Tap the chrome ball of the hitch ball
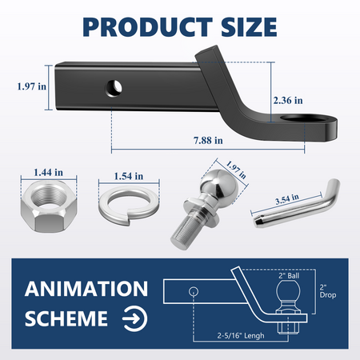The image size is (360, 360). tap(214, 190)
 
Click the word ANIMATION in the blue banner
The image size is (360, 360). tap(85, 287)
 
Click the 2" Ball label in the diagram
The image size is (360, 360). tap(288, 277)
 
